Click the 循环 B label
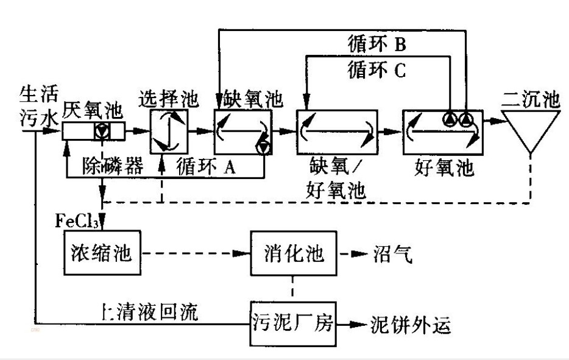pyautogui.click(x=377, y=44)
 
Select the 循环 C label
pyautogui.click(x=377, y=69)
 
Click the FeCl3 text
pyautogui.click(x=77, y=221)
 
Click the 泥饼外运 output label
pyautogui.click(x=411, y=324)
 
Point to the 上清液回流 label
pyautogui.click(x=149, y=312)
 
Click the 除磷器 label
pyautogui.click(x=113, y=166)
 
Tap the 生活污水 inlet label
pyautogui.click(x=38, y=106)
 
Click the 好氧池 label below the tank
pyautogui.click(x=444, y=168)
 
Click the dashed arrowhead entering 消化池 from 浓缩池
pyautogui.click(x=242, y=253)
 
